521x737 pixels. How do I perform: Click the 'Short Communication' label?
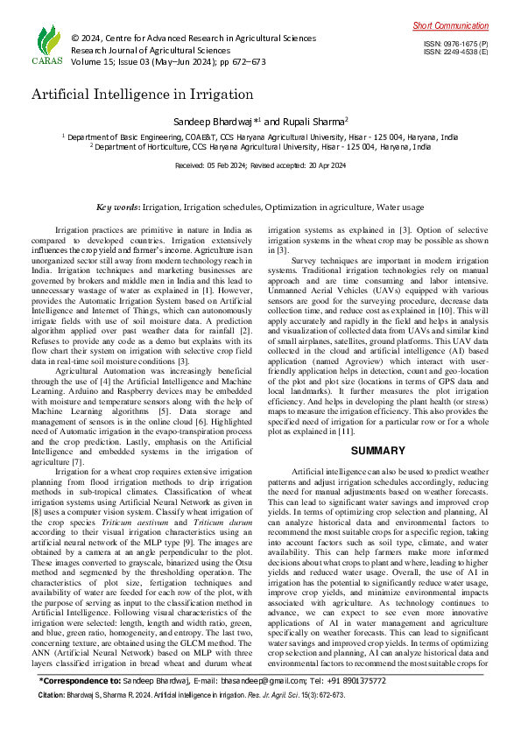tap(451, 26)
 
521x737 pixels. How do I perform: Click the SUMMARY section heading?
tap(377, 451)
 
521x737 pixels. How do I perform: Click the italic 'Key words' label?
tap(117, 207)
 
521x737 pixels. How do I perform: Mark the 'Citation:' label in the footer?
tap(53, 719)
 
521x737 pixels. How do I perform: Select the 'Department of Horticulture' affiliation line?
tap(263, 147)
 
